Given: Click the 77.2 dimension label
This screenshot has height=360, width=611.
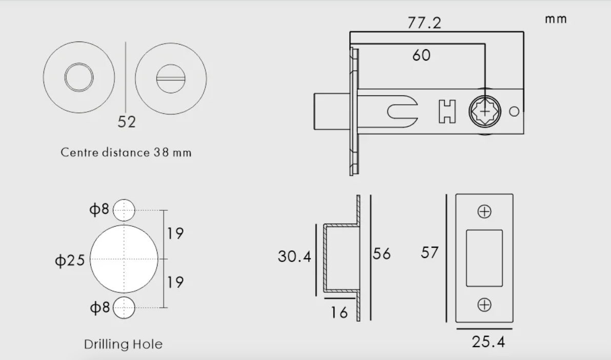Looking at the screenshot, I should click(424, 23).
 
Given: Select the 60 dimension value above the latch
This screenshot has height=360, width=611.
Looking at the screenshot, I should click(421, 55).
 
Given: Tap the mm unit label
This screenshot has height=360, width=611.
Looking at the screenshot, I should click(556, 19).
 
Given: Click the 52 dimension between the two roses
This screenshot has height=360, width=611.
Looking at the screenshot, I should click(127, 122).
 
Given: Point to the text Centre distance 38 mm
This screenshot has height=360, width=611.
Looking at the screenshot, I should click(126, 153).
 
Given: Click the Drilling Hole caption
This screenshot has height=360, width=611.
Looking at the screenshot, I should click(123, 344).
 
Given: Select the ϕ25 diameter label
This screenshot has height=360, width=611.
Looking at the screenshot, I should click(70, 261).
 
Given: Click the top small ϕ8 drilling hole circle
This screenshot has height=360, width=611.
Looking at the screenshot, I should click(124, 210).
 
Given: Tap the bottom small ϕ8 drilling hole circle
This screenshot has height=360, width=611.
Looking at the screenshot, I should click(124, 308).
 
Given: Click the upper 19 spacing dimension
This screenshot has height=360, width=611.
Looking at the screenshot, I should click(175, 234).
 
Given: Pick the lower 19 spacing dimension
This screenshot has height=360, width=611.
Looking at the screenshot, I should click(175, 282).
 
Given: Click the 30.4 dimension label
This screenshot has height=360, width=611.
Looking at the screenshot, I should click(294, 256).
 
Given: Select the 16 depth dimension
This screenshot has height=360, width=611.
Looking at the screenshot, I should click(339, 311).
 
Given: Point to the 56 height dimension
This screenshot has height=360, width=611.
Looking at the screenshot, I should click(382, 253).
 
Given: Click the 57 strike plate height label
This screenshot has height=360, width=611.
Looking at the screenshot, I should click(430, 252).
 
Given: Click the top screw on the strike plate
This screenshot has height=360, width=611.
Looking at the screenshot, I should click(484, 212).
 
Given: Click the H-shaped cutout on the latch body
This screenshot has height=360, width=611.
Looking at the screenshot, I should click(447, 111).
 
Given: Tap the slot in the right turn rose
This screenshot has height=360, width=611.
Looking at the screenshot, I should click(171, 78).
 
